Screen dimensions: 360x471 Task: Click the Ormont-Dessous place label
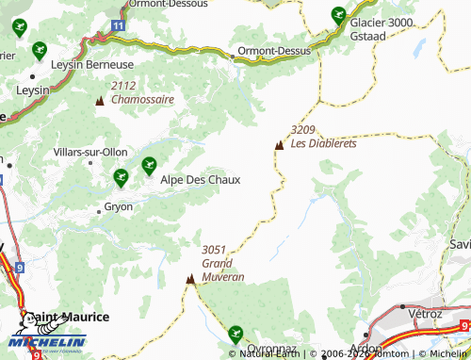pyautogui.click(x=170, y=4)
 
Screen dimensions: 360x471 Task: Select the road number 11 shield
pyautogui.click(x=115, y=26)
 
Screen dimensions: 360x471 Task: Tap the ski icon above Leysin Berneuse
pyautogui.click(x=39, y=50)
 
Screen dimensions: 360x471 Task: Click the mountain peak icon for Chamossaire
pyautogui.click(x=100, y=100)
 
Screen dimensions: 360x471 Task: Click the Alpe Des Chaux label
pyautogui.click(x=200, y=179)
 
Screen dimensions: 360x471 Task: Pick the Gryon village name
pyautogui.click(x=119, y=205)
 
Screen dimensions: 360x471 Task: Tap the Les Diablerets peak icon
pyautogui.click(x=279, y=145)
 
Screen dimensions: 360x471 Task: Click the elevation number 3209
pyautogui.click(x=302, y=130)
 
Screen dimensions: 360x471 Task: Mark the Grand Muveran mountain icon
pyautogui.click(x=191, y=279)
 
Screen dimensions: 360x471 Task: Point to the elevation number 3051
pyautogui.click(x=215, y=249)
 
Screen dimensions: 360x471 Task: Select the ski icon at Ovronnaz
pyautogui.click(x=235, y=333)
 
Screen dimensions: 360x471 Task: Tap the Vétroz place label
pyautogui.click(x=425, y=313)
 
